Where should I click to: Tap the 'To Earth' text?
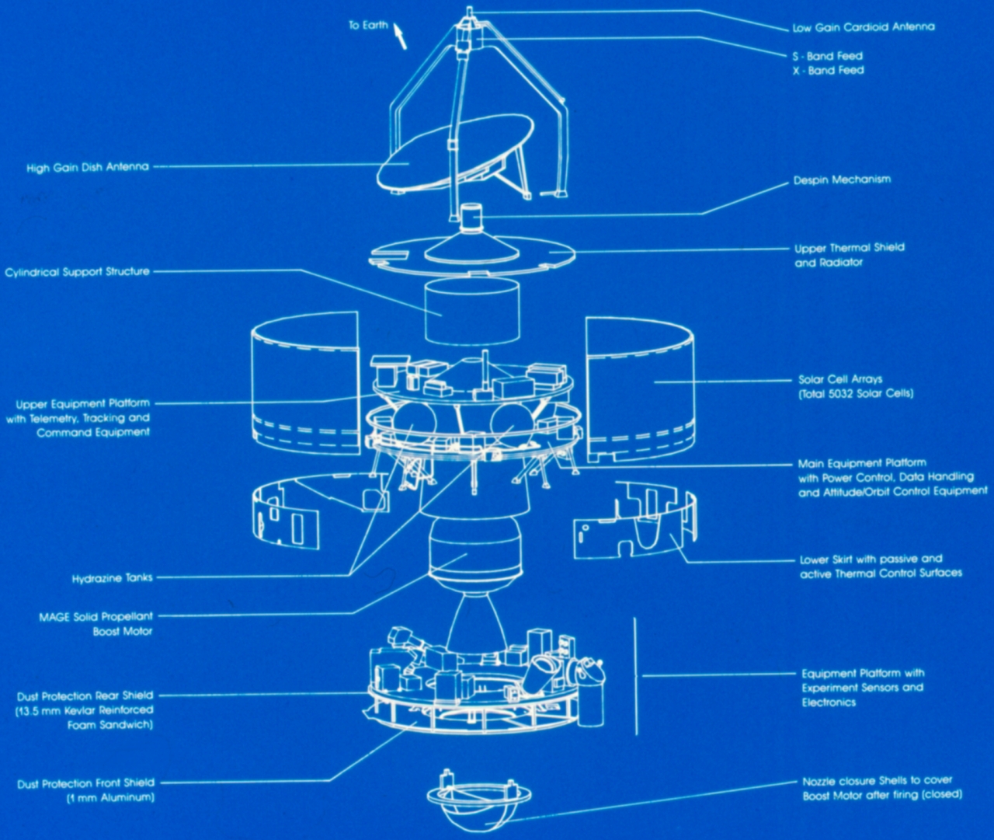click(368, 26)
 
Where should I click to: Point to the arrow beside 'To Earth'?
click(401, 36)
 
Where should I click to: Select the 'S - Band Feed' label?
click(827, 56)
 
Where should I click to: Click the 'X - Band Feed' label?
click(828, 71)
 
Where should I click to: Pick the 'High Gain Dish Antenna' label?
click(87, 167)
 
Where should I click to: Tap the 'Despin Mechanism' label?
click(842, 180)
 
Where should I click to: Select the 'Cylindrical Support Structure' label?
click(77, 272)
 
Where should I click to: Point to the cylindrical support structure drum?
click(471, 311)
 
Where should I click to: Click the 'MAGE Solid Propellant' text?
click(96, 617)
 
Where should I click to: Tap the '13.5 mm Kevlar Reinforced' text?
click(85, 710)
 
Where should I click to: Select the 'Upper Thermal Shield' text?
click(850, 248)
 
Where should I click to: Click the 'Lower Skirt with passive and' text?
click(871, 559)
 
